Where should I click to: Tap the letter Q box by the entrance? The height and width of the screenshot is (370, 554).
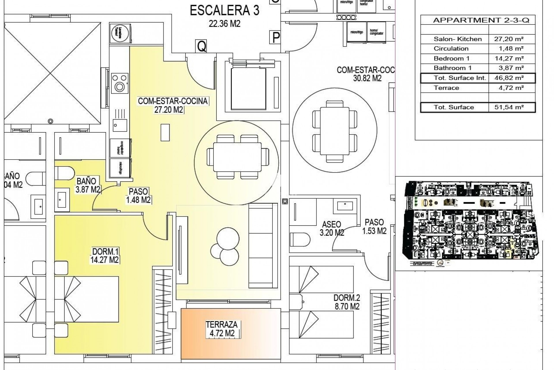click(x=201, y=46)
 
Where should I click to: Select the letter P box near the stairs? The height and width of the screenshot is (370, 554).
click(x=276, y=37)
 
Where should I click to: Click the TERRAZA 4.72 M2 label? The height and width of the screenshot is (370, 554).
click(x=222, y=329)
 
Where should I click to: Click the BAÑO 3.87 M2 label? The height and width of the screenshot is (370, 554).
click(x=87, y=185)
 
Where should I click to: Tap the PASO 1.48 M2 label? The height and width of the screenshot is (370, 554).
click(x=138, y=195)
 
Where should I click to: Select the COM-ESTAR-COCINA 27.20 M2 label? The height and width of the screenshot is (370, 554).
click(x=173, y=105)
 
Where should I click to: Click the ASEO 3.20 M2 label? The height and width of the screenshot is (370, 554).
click(x=332, y=228)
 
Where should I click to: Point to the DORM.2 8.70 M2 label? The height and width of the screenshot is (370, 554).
click(x=347, y=302)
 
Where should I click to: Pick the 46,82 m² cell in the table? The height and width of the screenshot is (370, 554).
click(x=512, y=78)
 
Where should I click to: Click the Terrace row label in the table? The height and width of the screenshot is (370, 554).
click(x=446, y=88)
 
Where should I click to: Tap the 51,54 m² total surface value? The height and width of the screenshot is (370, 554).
click(x=512, y=107)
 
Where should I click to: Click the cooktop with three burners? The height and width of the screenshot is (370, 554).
click(x=119, y=82)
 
